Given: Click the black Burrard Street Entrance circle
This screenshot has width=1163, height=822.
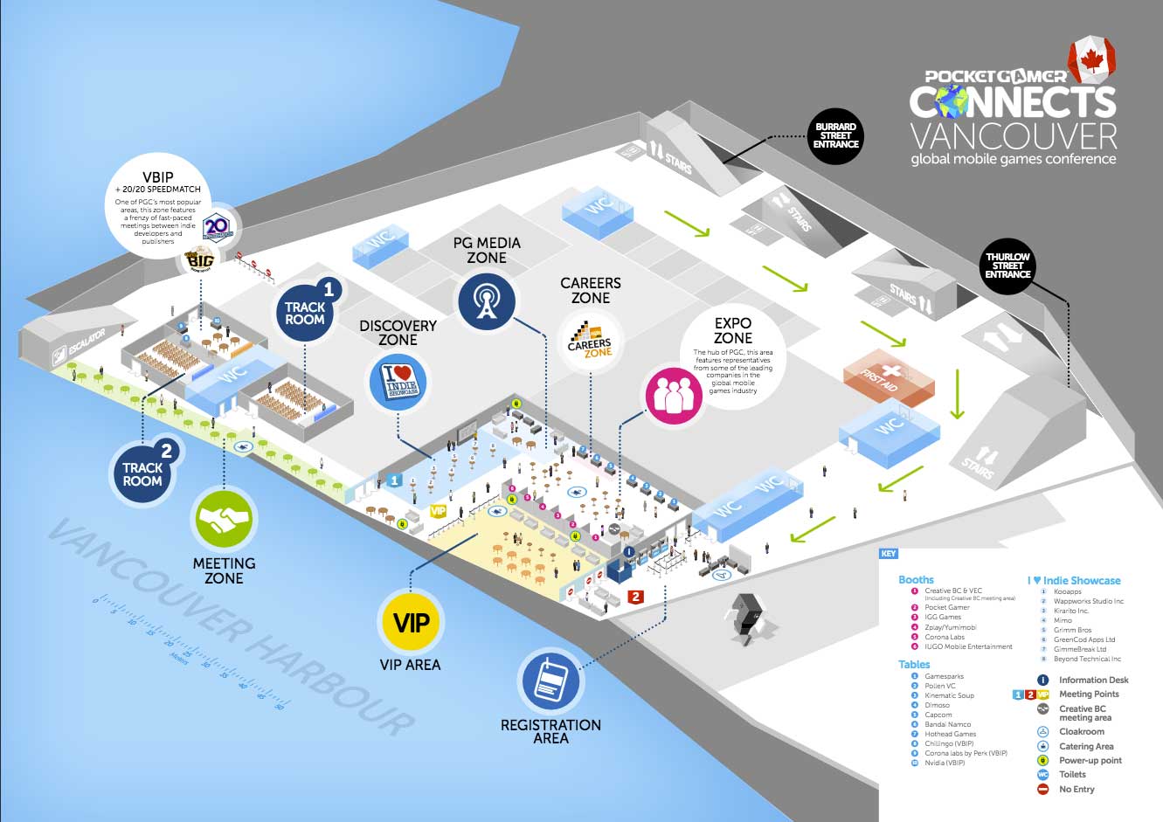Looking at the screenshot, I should click(835, 136).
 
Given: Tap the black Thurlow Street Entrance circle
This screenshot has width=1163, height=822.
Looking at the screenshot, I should click(1007, 266).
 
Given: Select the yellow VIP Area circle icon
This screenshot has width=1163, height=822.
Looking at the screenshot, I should click(411, 623).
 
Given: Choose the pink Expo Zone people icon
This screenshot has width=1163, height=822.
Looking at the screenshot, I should click(674, 396).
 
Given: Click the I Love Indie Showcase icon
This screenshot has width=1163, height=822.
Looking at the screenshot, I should click(398, 383).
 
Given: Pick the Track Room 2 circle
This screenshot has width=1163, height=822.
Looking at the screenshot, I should click(143, 469).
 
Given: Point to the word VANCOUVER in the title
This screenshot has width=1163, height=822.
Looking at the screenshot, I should click(1014, 136).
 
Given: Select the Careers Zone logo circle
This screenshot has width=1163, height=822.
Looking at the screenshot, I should click(590, 342).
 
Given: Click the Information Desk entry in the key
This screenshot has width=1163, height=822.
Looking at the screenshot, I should click(1093, 680).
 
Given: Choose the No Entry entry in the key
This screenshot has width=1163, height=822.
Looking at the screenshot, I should click(1076, 789).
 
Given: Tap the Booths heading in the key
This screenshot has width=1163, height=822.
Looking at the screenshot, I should click(916, 579).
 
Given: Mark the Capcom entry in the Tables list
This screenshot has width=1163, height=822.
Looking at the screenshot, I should click(938, 715).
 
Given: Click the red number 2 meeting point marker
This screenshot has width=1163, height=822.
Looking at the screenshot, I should click(636, 597).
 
